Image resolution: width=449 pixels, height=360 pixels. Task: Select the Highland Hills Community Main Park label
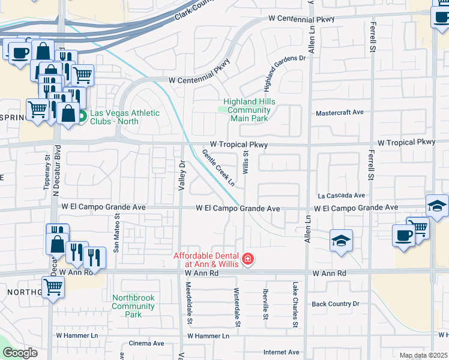tap(249, 110)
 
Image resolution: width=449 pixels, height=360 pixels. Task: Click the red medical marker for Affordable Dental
tap(248, 260)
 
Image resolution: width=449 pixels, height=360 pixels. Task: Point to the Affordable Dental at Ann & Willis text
tap(206, 259)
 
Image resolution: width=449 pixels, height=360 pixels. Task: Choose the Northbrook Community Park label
tap(133, 306)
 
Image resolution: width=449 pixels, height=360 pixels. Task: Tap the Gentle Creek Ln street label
tap(218, 167)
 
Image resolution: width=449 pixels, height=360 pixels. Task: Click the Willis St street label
tap(246, 162)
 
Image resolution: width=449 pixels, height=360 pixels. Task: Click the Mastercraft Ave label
tap(340, 112)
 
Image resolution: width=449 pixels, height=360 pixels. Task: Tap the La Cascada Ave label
tap(342, 196)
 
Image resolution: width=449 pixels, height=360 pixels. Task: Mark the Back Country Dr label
tap(335, 304)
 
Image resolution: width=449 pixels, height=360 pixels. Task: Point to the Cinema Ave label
tap(146, 344)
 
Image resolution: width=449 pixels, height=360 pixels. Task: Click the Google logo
tap(20, 353)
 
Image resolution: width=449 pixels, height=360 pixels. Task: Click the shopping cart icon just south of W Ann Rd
tap(53, 287)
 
